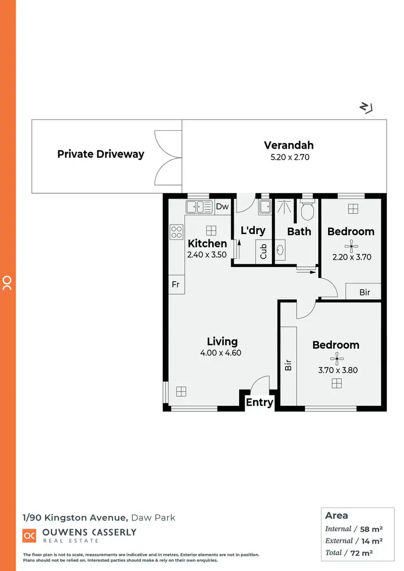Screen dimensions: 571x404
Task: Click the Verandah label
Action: point(288,145)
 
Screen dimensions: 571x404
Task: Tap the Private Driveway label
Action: point(101,154)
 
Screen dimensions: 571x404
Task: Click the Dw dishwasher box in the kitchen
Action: point(222,207)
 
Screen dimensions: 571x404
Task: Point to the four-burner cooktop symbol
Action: point(177,232)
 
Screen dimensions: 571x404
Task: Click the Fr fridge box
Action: point(176,284)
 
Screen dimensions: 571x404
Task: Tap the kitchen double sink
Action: point(199,207)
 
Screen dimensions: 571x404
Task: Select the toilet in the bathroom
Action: point(308,211)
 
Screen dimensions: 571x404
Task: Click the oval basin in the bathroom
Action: point(281,250)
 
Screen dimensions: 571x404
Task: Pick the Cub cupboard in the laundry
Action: point(263,251)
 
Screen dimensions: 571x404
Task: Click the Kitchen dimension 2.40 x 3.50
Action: point(207,255)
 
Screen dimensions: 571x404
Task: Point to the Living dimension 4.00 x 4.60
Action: point(222,354)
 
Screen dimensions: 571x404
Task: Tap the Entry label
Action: point(260,403)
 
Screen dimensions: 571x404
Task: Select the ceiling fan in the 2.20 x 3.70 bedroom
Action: point(351,246)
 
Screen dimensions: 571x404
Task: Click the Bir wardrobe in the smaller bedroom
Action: point(364,292)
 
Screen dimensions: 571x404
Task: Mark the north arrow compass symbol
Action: point(366,108)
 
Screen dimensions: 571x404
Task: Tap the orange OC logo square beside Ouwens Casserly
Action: point(29,535)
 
